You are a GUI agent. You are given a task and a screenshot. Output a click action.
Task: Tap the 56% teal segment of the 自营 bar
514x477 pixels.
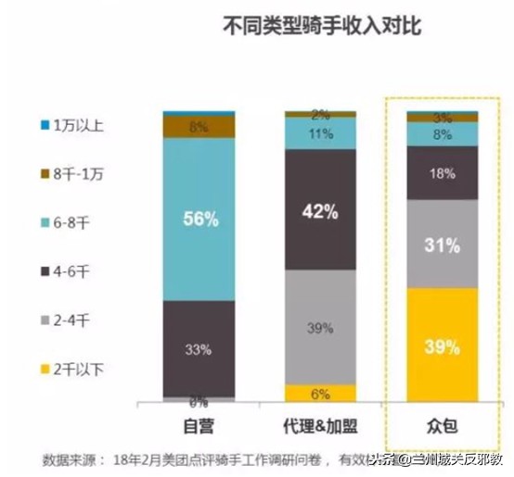pos(199,220)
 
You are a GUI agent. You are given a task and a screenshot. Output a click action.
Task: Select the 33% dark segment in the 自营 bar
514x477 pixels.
pos(199,348)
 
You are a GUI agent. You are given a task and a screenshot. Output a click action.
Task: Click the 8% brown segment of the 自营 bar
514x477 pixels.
pos(199,127)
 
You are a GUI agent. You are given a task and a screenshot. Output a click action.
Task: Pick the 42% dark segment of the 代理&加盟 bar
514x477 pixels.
pos(321,209)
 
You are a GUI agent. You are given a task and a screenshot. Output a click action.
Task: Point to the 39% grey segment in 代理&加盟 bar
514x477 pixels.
pos(321,326)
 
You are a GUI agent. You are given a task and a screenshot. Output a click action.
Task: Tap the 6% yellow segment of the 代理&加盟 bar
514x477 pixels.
pos(321,393)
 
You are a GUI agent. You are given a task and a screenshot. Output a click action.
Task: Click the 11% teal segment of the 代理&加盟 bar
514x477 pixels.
pos(321,134)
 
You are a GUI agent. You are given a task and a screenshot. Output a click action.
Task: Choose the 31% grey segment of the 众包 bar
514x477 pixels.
pos(443,245)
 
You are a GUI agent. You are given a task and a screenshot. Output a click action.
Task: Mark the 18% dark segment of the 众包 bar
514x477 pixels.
pos(443,173)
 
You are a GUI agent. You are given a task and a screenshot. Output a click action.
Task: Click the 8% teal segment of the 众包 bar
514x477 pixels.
pos(443,134)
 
